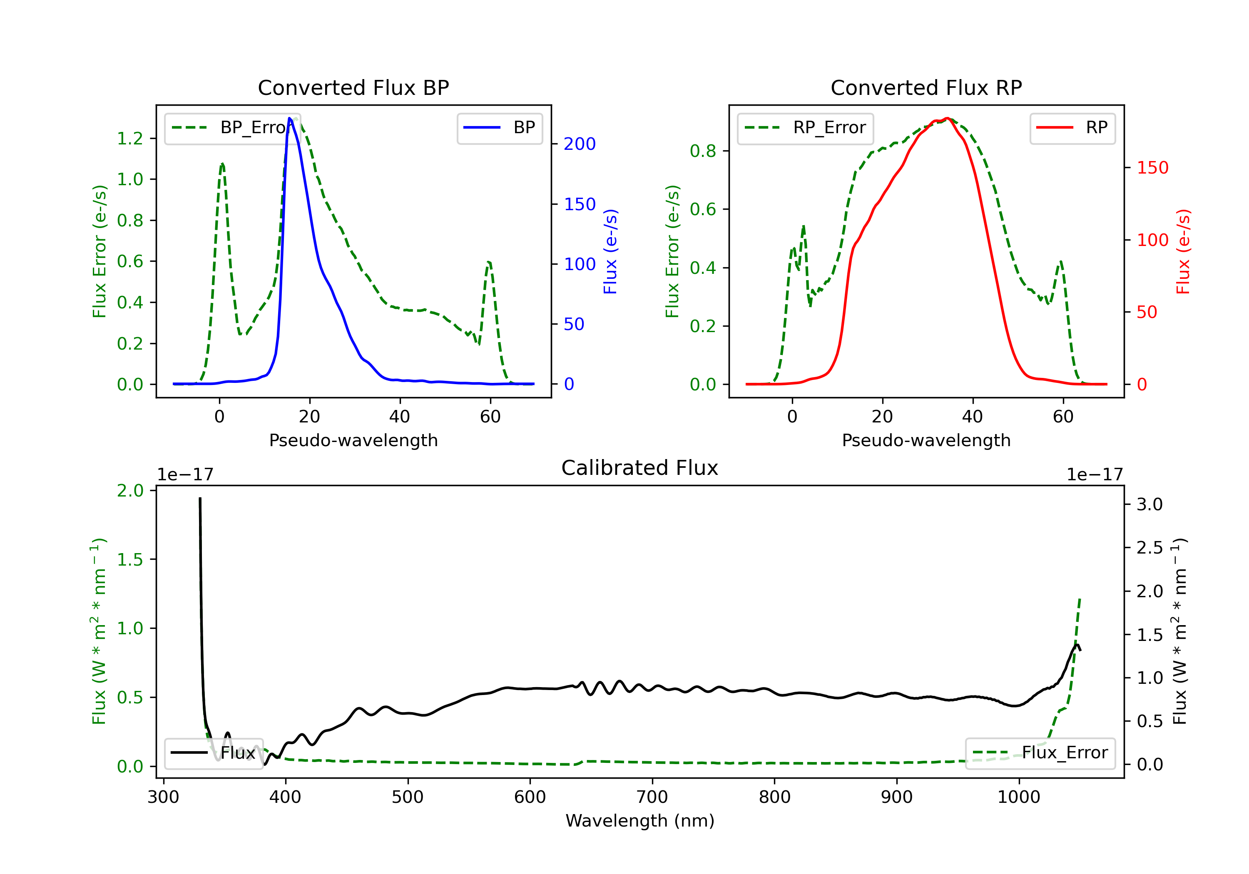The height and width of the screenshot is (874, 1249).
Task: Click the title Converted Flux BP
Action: tap(353, 87)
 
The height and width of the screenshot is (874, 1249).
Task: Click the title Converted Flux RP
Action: tap(926, 87)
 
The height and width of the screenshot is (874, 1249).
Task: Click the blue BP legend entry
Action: tap(499, 128)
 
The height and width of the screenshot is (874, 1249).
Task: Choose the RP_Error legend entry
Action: tap(805, 128)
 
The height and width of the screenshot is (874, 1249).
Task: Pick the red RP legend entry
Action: tap(1072, 128)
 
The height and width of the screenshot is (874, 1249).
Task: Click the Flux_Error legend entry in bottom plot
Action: tap(1040, 753)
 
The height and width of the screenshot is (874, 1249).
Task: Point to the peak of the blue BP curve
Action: tap(290, 118)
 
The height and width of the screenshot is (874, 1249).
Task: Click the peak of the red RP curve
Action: tap(947, 118)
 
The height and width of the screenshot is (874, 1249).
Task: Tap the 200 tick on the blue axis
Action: tap(580, 144)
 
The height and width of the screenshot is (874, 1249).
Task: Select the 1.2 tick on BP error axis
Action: tap(130, 139)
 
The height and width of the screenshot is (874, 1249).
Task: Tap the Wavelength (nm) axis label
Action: tap(640, 821)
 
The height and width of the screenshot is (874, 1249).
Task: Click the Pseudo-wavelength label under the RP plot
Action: tap(926, 440)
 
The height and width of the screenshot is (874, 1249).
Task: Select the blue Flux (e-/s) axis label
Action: tap(610, 252)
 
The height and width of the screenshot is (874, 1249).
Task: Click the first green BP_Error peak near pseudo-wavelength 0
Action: tap(222, 163)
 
